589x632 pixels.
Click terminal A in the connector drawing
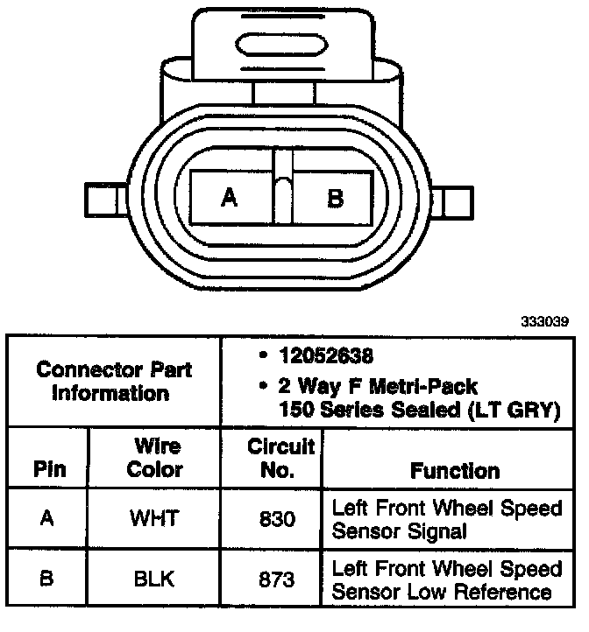[230, 199]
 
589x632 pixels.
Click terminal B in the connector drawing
[335, 199]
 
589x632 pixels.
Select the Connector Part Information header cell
[114, 381]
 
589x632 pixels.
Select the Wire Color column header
[154, 458]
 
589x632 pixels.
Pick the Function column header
[454, 470]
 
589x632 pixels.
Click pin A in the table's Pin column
[48, 517]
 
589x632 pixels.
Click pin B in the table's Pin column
[48, 579]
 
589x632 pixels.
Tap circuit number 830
[276, 518]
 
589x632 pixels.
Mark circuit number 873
[276, 579]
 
